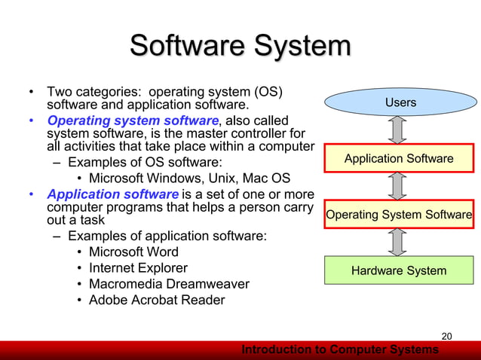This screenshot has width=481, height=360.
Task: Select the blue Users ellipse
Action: click(400, 102)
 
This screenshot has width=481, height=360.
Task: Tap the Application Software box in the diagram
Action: click(399, 158)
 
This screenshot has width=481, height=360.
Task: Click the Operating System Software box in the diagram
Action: click(399, 215)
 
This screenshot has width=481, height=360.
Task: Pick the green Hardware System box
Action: click(399, 270)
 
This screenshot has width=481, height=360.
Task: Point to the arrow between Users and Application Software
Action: click(400, 130)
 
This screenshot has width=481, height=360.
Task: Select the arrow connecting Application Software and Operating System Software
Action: click(400, 186)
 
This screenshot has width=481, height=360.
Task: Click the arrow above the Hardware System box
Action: click(400, 243)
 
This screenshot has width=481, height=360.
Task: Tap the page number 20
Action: click(446, 336)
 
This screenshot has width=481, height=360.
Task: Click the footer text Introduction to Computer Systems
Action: click(339, 350)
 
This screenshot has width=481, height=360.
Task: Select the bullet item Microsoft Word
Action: click(133, 252)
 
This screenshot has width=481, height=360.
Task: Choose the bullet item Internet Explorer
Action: click(138, 267)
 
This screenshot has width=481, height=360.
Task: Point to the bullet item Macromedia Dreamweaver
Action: click(169, 284)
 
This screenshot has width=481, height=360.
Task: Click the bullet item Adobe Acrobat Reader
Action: click(157, 300)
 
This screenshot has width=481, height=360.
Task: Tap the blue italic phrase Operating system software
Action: click(133, 121)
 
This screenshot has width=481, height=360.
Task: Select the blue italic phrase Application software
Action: click(112, 194)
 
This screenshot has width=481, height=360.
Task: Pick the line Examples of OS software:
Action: click(143, 162)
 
